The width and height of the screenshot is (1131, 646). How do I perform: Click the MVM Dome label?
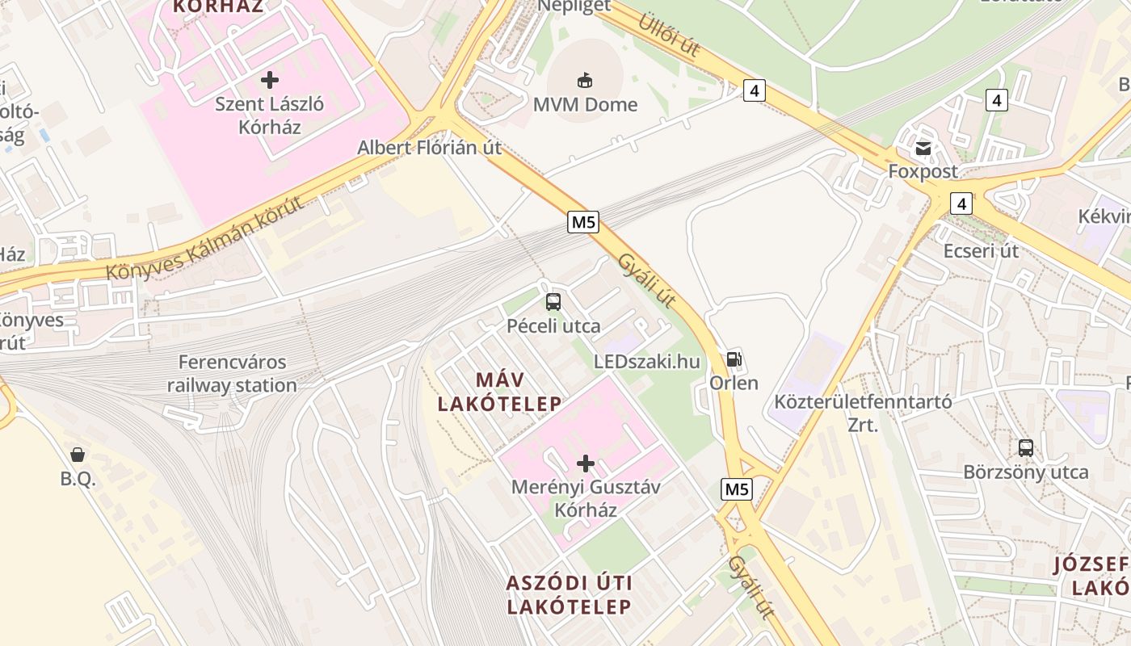[x=585, y=104]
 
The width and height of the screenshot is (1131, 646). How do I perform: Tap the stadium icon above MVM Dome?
[x=585, y=80]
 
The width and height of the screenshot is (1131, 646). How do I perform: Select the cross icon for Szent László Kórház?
[x=270, y=80]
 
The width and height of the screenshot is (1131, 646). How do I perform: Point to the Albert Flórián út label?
[x=429, y=148]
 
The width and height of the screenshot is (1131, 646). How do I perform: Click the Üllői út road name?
[x=669, y=35]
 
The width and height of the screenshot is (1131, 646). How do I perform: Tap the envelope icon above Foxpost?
[x=923, y=149]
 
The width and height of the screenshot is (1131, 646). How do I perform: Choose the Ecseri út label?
[x=981, y=250]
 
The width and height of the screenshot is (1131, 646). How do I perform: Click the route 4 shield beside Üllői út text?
[x=754, y=90]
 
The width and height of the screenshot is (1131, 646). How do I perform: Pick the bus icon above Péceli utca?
[x=553, y=302]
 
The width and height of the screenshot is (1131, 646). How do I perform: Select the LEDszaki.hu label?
[x=646, y=361]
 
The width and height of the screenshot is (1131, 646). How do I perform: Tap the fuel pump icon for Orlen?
[x=734, y=359]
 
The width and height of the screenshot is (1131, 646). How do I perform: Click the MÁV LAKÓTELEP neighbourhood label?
[x=499, y=392]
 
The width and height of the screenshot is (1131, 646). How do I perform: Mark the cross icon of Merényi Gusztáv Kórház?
[x=586, y=464]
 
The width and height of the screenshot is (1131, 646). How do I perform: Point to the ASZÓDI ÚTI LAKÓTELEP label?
[x=569, y=594]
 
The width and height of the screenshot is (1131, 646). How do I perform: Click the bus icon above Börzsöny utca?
[x=1026, y=447]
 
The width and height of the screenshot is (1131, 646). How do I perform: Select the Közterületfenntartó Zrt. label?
[x=863, y=413]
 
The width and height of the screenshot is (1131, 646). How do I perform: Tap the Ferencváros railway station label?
[x=232, y=374]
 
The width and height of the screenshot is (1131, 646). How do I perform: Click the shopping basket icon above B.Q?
[x=78, y=455]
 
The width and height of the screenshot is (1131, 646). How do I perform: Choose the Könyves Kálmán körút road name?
[x=205, y=237]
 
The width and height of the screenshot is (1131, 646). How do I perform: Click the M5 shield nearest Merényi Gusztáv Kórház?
[x=737, y=489]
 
